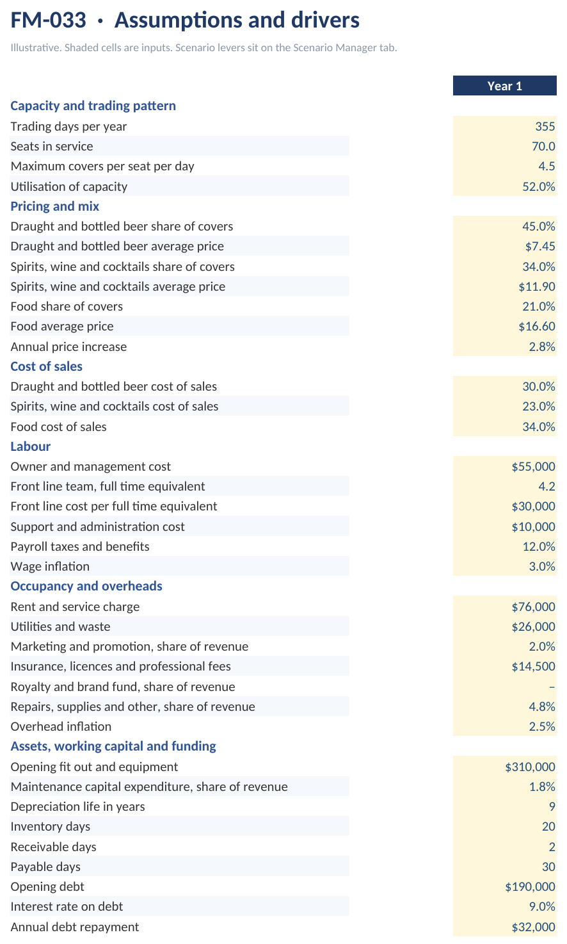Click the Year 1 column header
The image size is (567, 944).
click(x=504, y=86)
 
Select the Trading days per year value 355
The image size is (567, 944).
click(x=545, y=126)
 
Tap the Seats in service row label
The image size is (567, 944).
click(x=52, y=146)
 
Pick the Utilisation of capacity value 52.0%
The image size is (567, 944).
click(x=539, y=186)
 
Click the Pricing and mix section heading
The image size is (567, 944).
click(x=55, y=206)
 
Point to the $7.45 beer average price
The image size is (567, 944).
click(x=540, y=246)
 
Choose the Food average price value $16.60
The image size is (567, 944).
click(x=537, y=326)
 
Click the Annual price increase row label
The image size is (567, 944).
click(x=68, y=346)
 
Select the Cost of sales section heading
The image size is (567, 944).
click(x=46, y=366)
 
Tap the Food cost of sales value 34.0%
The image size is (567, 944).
click(x=539, y=427)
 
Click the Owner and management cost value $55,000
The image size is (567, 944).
click(x=533, y=466)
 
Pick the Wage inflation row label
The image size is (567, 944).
click(x=50, y=566)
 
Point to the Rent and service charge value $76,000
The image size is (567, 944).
click(x=533, y=606)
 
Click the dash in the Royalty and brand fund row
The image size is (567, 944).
click(x=552, y=687)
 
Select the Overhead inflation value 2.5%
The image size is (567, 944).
click(x=542, y=726)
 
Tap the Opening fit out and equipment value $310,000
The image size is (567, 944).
click(x=531, y=767)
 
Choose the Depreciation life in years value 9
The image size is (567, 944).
click(x=552, y=806)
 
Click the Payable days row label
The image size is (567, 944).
click(x=45, y=867)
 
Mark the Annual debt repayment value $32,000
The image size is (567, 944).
click(x=533, y=927)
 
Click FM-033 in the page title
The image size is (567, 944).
click(x=49, y=20)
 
